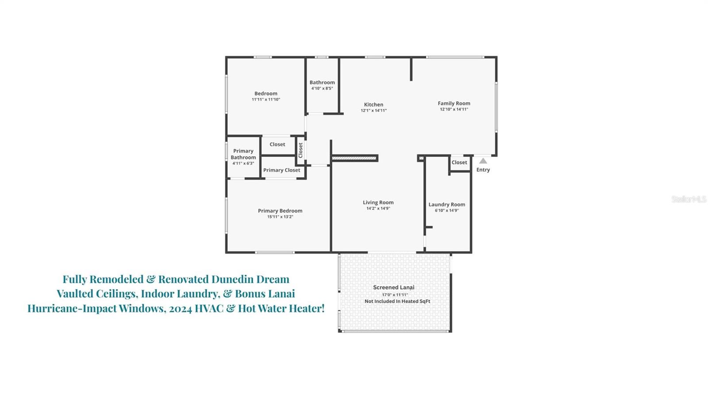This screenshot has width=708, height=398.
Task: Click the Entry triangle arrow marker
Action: (x=483, y=161)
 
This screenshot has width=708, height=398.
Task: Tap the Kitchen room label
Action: (x=373, y=104)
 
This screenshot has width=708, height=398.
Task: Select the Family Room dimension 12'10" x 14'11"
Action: (x=454, y=109)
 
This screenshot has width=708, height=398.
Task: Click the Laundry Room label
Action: (x=446, y=205)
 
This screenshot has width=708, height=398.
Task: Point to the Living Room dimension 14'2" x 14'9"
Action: (x=378, y=209)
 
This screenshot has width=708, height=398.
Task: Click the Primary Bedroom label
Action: (x=280, y=211)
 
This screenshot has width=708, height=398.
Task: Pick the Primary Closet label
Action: (x=281, y=170)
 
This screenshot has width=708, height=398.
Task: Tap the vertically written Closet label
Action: (x=300, y=150)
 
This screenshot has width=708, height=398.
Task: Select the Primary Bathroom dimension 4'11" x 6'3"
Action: (x=243, y=163)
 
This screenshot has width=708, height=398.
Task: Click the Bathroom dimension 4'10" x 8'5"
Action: (x=322, y=89)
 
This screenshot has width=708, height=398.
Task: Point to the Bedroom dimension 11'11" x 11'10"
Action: (x=265, y=100)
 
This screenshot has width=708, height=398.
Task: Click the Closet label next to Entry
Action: (x=459, y=162)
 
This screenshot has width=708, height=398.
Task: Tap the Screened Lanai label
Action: (x=393, y=287)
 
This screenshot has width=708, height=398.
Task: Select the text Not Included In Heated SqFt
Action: (x=397, y=301)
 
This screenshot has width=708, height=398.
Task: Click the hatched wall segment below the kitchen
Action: (x=354, y=158)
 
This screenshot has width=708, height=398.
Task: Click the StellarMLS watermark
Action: (x=689, y=199)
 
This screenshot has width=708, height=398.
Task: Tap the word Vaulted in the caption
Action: (x=73, y=294)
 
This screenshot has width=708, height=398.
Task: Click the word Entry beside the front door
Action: (x=483, y=170)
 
